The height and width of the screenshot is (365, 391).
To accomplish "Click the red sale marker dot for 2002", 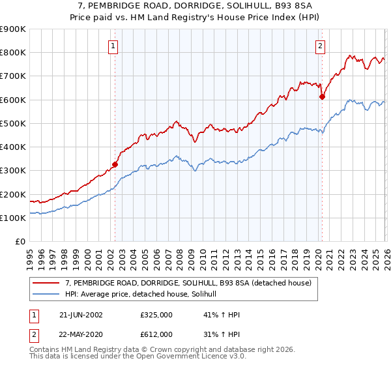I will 115,164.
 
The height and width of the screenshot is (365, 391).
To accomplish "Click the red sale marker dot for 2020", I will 322,96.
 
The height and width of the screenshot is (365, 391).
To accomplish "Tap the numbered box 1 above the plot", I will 114,46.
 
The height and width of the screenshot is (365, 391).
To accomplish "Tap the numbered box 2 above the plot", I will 321,46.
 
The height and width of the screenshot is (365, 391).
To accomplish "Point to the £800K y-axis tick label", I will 13,53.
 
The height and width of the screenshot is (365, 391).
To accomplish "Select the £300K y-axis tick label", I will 13,171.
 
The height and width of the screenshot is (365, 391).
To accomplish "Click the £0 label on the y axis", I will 20,242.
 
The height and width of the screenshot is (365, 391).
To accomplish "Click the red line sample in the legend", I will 48,283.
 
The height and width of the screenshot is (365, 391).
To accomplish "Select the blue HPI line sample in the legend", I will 48,294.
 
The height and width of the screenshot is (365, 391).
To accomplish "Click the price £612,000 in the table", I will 156,334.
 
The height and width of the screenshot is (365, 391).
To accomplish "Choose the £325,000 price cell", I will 156,315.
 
